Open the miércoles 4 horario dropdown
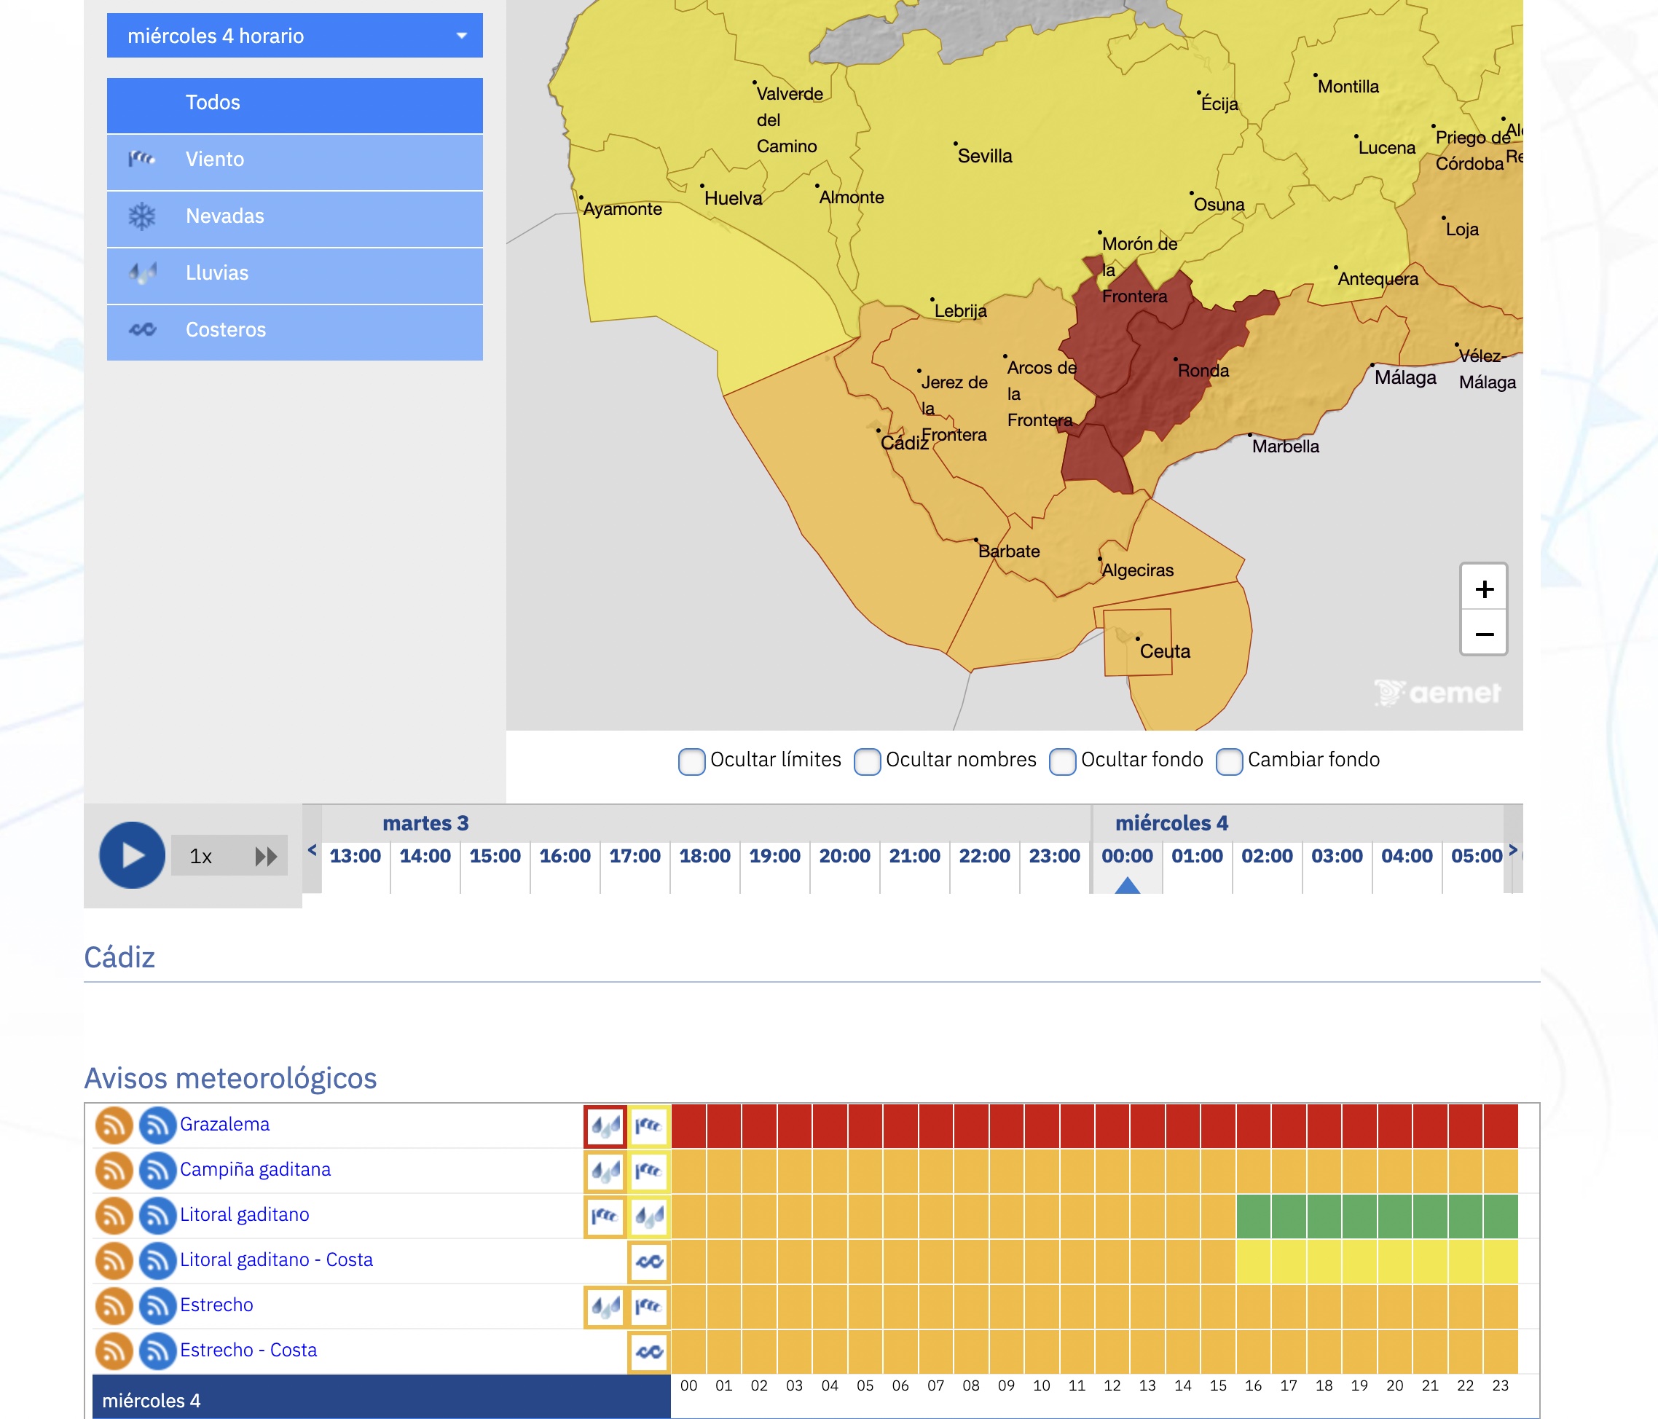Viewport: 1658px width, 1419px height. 294,35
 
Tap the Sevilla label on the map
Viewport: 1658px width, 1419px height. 984,156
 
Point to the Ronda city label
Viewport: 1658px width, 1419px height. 1203,371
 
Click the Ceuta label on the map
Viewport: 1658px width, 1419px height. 1164,651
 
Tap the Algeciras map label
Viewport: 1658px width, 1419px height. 1137,570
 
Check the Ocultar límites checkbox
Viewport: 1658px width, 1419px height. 691,761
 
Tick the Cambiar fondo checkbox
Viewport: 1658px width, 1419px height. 1229,761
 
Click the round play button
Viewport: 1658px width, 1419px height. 132,854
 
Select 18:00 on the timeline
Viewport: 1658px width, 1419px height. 705,856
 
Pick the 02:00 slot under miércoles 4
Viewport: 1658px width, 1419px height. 1267,856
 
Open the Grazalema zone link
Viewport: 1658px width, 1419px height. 225,1125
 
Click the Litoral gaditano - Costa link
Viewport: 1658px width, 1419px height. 276,1259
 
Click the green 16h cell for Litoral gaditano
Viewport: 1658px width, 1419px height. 1253,1216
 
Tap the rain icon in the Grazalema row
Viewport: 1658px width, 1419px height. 605,1127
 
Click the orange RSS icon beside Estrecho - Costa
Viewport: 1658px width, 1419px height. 114,1351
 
